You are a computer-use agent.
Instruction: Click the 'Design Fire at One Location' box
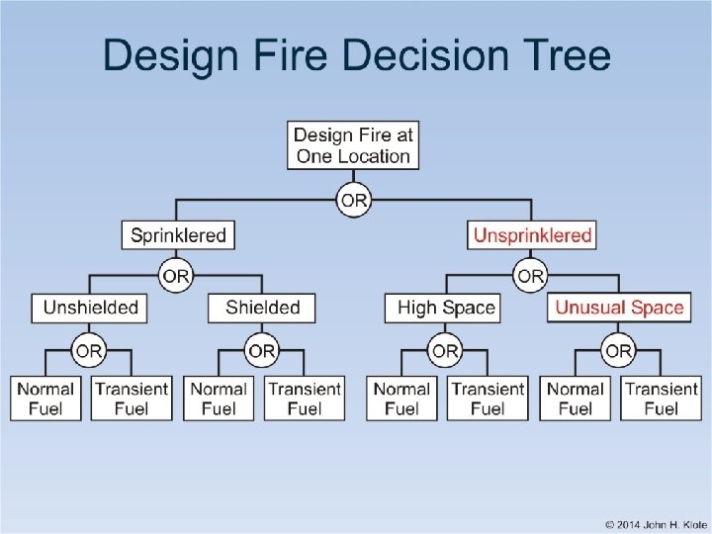353,145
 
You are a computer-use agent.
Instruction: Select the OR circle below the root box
353,202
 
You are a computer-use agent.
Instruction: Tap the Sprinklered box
179,235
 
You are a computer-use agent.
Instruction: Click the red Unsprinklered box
532,235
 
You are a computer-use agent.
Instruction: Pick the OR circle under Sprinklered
176,275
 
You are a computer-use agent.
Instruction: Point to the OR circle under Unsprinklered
532,275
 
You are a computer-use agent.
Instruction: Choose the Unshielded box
90,308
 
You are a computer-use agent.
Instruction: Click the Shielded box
262,308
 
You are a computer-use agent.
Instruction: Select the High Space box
445,308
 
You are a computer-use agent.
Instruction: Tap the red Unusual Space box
619,308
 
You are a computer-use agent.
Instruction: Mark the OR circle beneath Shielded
262,350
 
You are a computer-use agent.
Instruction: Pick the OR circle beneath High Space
445,350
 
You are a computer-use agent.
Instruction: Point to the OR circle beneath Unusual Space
619,350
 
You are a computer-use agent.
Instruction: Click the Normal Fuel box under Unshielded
45,399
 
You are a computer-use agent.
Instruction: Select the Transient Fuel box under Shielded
305,399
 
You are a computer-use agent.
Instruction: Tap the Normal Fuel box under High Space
401,399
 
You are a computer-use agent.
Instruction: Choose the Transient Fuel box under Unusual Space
662,399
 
